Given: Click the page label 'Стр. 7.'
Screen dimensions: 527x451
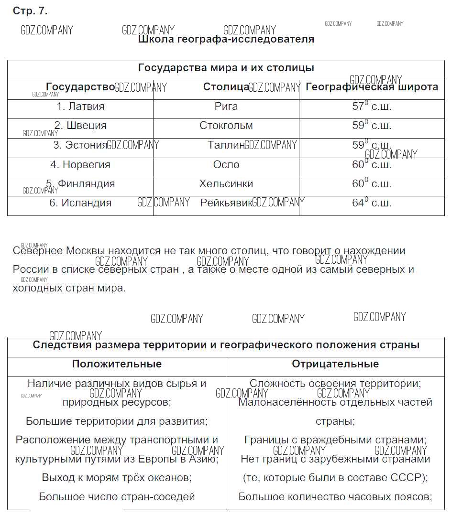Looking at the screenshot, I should click(x=30, y=11).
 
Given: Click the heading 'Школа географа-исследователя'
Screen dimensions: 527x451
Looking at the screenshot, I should click(x=226, y=39).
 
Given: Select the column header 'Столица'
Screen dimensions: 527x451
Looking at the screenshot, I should click(x=226, y=87).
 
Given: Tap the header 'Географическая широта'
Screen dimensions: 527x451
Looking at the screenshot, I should click(x=372, y=87).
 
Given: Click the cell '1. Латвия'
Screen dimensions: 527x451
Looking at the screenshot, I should click(x=80, y=107).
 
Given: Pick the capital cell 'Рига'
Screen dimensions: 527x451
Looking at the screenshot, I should click(x=226, y=107).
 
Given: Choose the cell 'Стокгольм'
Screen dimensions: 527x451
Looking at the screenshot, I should click(x=226, y=126).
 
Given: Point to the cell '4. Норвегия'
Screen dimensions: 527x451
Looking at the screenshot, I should click(x=80, y=165).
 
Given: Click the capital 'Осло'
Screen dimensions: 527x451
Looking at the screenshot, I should click(x=226, y=165).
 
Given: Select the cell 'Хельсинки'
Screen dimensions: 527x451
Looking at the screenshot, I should click(x=226, y=184).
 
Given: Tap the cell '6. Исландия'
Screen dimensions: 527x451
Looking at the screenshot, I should click(x=80, y=203).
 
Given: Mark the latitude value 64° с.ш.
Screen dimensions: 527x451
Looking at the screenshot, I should click(x=372, y=203).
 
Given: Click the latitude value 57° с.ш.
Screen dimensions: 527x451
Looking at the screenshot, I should click(x=372, y=107).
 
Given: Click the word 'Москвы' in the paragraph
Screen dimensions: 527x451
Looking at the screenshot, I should click(x=86, y=251).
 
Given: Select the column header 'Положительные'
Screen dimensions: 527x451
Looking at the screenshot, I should click(x=117, y=364).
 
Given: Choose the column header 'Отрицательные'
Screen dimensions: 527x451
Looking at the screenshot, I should click(x=335, y=364).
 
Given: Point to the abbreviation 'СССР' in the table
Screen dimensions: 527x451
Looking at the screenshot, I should click(x=409, y=477).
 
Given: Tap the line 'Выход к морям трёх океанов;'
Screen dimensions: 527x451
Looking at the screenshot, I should click(x=117, y=477).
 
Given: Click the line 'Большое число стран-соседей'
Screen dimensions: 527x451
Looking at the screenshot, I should click(x=117, y=496).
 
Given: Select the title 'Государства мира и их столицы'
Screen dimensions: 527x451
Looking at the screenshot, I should click(x=226, y=68).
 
